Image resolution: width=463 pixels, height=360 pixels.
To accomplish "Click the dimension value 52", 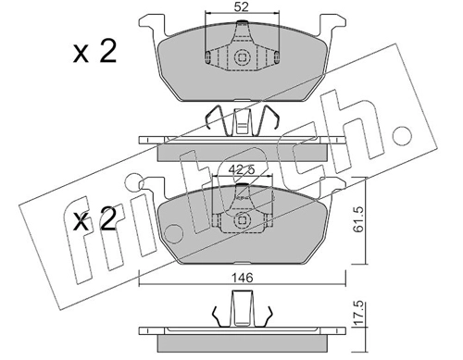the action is coord(242,6).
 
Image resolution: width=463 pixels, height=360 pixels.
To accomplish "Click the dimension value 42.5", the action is coord(243,169).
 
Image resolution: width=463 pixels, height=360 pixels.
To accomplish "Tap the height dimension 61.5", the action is coord(359,219).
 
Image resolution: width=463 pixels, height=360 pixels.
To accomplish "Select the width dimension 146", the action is coord(243,278).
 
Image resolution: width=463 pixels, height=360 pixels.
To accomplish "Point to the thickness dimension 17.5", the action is coord(359,314).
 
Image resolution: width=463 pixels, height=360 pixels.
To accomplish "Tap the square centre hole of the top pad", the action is coord(242,57).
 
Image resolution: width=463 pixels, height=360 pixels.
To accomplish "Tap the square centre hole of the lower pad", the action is coord(242,220).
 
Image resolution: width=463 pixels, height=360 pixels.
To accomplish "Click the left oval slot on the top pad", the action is coord(208,56).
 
